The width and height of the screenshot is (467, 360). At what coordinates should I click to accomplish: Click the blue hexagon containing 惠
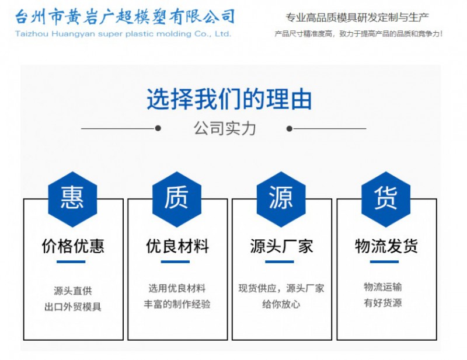point(72,199)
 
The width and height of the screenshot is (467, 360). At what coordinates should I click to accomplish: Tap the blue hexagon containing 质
point(177,199)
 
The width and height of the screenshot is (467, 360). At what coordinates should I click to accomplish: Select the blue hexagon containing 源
point(281,199)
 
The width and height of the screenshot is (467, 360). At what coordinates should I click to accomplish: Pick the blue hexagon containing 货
point(386,199)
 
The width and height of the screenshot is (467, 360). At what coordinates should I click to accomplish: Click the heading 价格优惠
point(73,246)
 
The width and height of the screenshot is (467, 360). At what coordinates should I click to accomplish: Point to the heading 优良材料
point(177,246)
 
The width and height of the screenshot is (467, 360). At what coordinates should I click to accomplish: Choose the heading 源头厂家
point(281,246)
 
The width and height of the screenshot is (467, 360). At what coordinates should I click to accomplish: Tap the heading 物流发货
point(386,246)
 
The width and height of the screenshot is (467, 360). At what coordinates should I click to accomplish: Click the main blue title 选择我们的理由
point(229,99)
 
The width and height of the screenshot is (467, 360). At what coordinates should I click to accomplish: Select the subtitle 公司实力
point(225,128)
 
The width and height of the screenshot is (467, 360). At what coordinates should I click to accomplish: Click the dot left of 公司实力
point(158,128)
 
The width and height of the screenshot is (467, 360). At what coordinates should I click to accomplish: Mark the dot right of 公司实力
point(289,128)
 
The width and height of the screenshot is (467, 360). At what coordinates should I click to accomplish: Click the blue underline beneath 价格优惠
point(71,262)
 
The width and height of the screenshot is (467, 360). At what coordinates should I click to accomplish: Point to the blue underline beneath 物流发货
point(384,262)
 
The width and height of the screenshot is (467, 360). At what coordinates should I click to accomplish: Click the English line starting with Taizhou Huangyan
point(123,34)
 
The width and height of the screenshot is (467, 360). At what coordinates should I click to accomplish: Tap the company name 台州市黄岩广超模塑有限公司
point(125,16)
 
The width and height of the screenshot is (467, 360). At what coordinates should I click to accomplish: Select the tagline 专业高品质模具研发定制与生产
point(357,18)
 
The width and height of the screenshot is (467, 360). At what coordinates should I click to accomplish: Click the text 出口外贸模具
point(73,307)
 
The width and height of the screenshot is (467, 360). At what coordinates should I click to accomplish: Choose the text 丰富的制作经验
point(177,304)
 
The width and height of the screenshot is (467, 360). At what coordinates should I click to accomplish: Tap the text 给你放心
point(281,304)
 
